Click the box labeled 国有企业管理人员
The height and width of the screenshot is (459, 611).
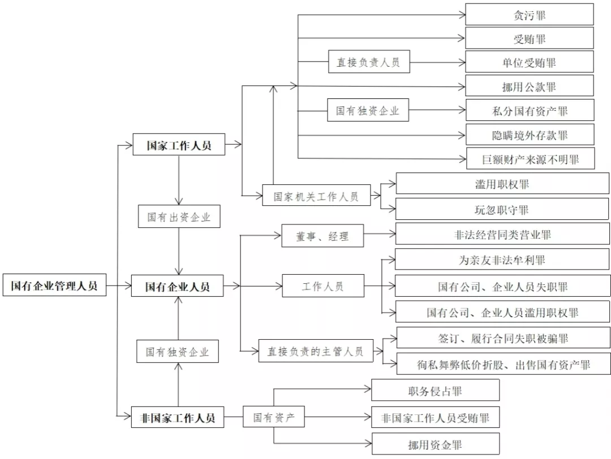[54, 286]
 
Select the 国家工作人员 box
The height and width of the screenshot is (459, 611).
[179, 145]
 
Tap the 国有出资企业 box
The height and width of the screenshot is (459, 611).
[179, 216]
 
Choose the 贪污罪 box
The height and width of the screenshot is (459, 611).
[530, 15]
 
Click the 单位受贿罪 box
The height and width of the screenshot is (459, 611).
[530, 62]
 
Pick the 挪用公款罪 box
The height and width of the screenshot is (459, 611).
[530, 86]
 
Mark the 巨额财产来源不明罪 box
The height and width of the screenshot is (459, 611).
[530, 159]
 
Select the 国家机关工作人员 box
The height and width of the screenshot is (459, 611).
[316, 197]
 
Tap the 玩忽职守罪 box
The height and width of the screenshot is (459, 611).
[502, 210]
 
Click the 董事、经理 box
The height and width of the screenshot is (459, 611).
[322, 236]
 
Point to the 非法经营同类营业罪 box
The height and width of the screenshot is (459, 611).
[502, 234]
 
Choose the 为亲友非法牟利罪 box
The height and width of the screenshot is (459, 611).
[502, 261]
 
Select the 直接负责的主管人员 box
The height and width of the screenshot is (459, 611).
[315, 352]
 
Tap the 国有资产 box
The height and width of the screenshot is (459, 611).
[274, 418]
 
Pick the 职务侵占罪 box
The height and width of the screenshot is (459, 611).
[435, 391]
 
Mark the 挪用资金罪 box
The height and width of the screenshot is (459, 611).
[435, 445]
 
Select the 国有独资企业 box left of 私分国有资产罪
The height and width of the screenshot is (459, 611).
[368, 111]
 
